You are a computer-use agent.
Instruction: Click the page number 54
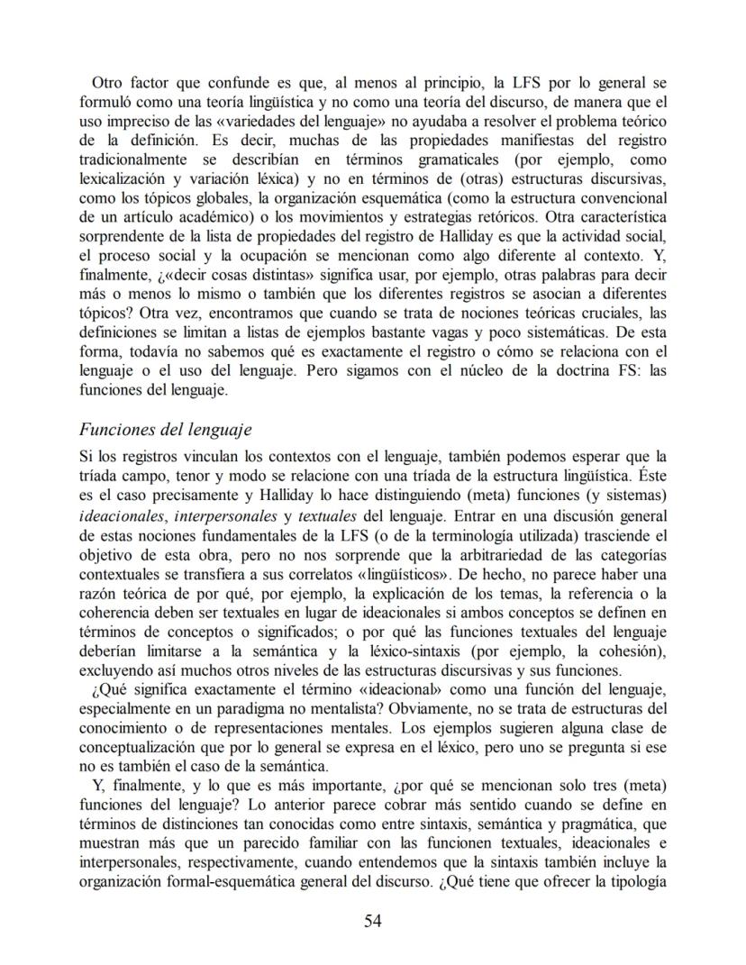tap(373, 920)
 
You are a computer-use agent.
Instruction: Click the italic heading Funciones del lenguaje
tap(165, 429)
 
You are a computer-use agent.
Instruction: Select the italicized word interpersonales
tap(225, 516)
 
